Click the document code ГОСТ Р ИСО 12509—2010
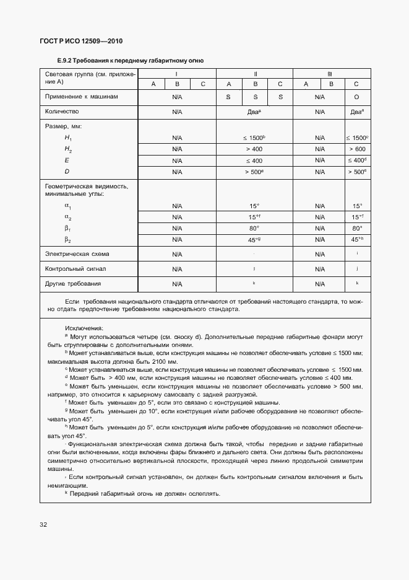[82, 41]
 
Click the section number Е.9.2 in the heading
[64, 61]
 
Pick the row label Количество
[62, 112]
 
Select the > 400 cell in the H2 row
[254, 149]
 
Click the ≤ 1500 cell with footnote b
[254, 138]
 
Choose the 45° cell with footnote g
[254, 240]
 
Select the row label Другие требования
[72, 283]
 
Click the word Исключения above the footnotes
[84, 328]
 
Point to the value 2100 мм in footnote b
[165, 361]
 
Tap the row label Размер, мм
[63, 126]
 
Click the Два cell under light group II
[254, 112]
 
